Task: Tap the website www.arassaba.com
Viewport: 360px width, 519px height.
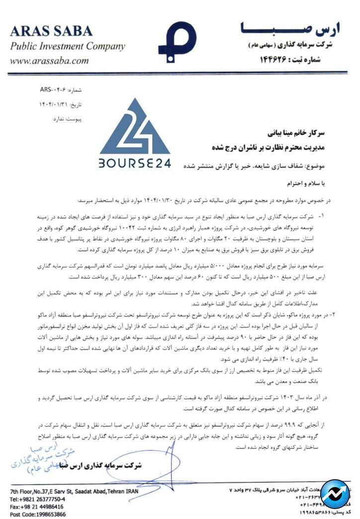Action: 49,61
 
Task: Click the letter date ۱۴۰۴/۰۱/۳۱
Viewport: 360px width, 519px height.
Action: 54,105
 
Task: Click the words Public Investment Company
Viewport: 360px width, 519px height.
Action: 67,47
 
